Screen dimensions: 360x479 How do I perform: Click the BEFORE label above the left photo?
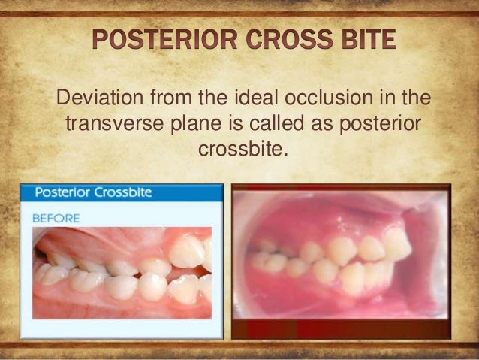click(x=56, y=218)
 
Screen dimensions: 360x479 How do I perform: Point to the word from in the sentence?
click(x=173, y=98)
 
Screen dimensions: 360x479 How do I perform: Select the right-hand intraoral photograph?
click(x=341, y=256)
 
